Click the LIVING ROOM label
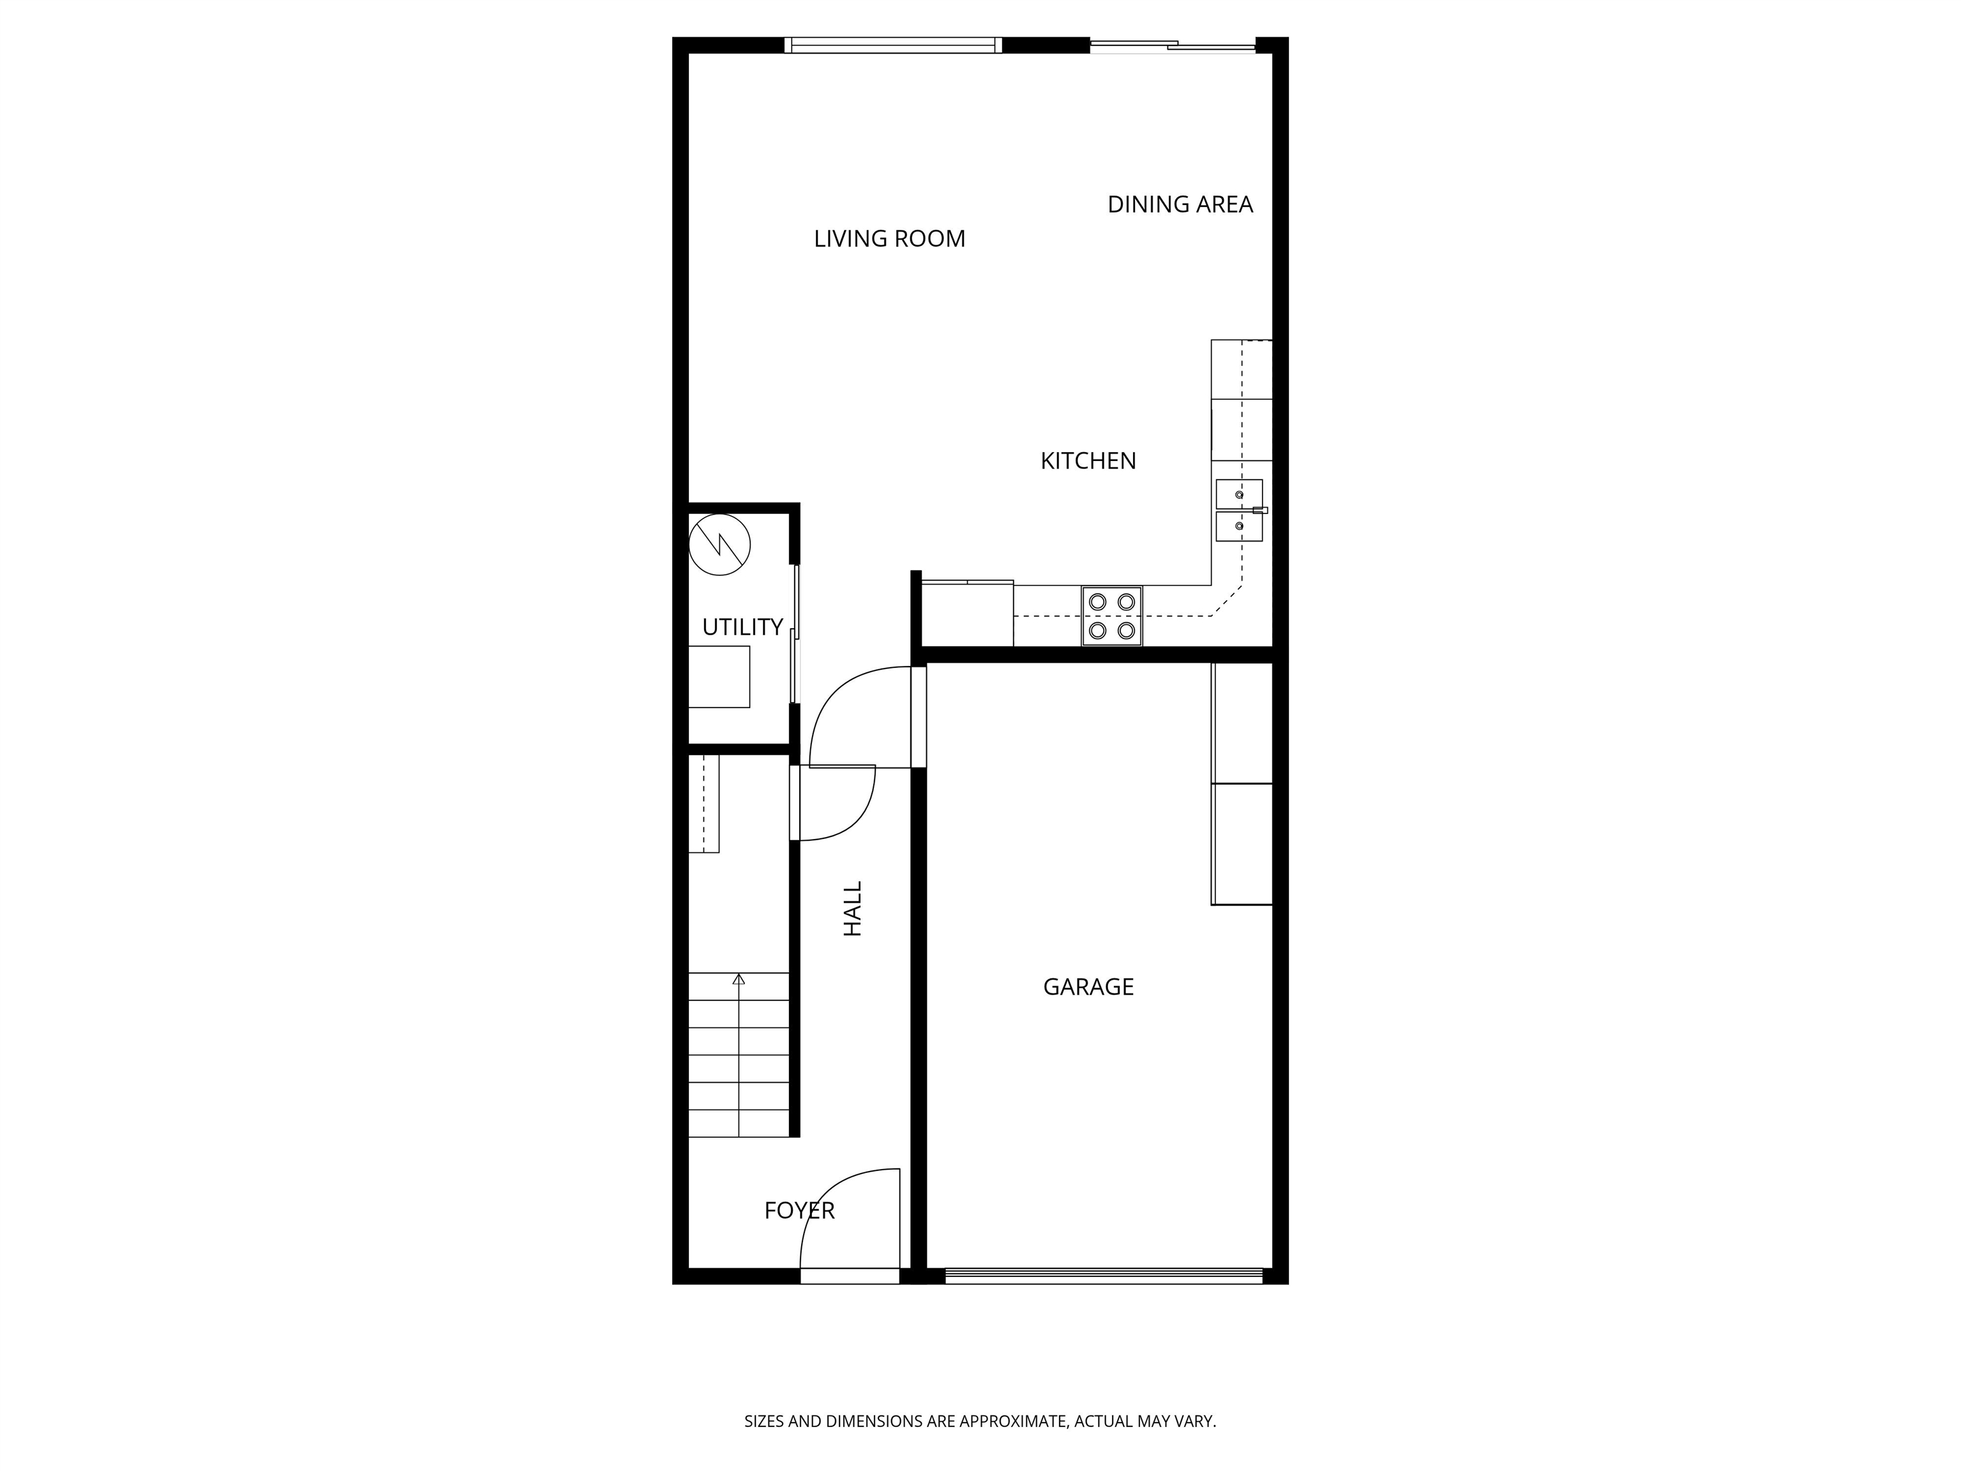889,239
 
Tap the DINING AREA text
1180,205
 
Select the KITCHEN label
1088,461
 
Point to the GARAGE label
1088,987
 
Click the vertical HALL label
853,909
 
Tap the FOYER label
799,1211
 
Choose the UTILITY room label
742,628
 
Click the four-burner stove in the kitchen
1112,615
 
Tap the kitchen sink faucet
1259,510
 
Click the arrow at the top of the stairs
739,979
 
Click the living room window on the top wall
893,45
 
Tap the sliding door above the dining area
1172,45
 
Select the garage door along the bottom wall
1104,1276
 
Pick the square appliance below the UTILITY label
719,677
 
